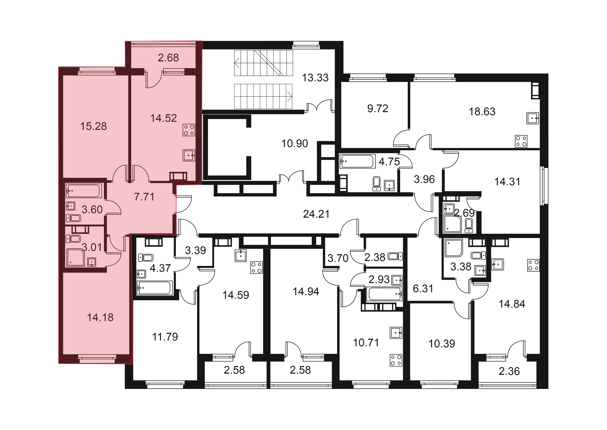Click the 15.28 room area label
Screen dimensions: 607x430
tap(94, 126)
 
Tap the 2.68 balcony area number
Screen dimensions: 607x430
tap(168, 58)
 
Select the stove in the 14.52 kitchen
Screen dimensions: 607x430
tap(189, 130)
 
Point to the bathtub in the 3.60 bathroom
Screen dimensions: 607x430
tap(84, 191)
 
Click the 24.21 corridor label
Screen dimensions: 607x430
tap(316, 214)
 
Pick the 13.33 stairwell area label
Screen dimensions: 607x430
tap(315, 78)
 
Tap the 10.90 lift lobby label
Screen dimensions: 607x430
tap(295, 144)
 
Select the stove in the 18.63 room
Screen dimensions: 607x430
tap(521, 141)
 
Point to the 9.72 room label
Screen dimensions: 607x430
tap(378, 108)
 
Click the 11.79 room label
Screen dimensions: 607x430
tap(165, 337)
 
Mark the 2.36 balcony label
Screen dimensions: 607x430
tap(509, 371)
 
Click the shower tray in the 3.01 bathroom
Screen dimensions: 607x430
tap(76, 257)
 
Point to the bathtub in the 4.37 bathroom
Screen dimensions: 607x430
tap(154, 288)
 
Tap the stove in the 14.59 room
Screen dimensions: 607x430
tap(256, 267)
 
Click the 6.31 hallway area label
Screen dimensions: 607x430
tap(423, 289)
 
